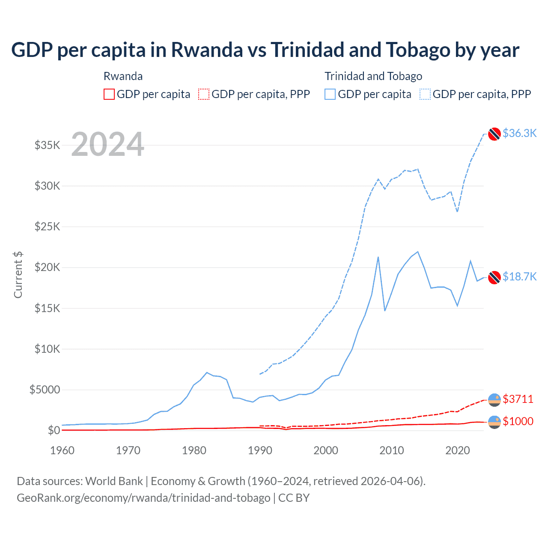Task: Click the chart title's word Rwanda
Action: click(207, 50)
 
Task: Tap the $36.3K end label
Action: click(519, 133)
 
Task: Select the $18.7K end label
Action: click(519, 277)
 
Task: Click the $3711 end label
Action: click(518, 399)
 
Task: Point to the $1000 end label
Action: click(518, 421)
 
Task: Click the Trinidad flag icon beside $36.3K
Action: click(494, 134)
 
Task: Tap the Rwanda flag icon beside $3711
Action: click(494, 399)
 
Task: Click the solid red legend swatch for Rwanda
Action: click(109, 94)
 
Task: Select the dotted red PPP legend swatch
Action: click(204, 94)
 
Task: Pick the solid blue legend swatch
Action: click(330, 94)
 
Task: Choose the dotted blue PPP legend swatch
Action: click(425, 94)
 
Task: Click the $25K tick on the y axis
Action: click(48, 226)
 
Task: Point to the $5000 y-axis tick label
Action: click(45, 390)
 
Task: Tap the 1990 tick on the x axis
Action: click(260, 450)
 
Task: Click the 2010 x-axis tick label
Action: click(392, 450)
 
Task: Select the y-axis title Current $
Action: click(18, 275)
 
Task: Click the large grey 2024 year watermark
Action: click(107, 144)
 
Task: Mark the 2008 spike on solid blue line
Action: click(378, 257)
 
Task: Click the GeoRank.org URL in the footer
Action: click(143, 498)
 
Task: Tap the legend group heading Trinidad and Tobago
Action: click(373, 76)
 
